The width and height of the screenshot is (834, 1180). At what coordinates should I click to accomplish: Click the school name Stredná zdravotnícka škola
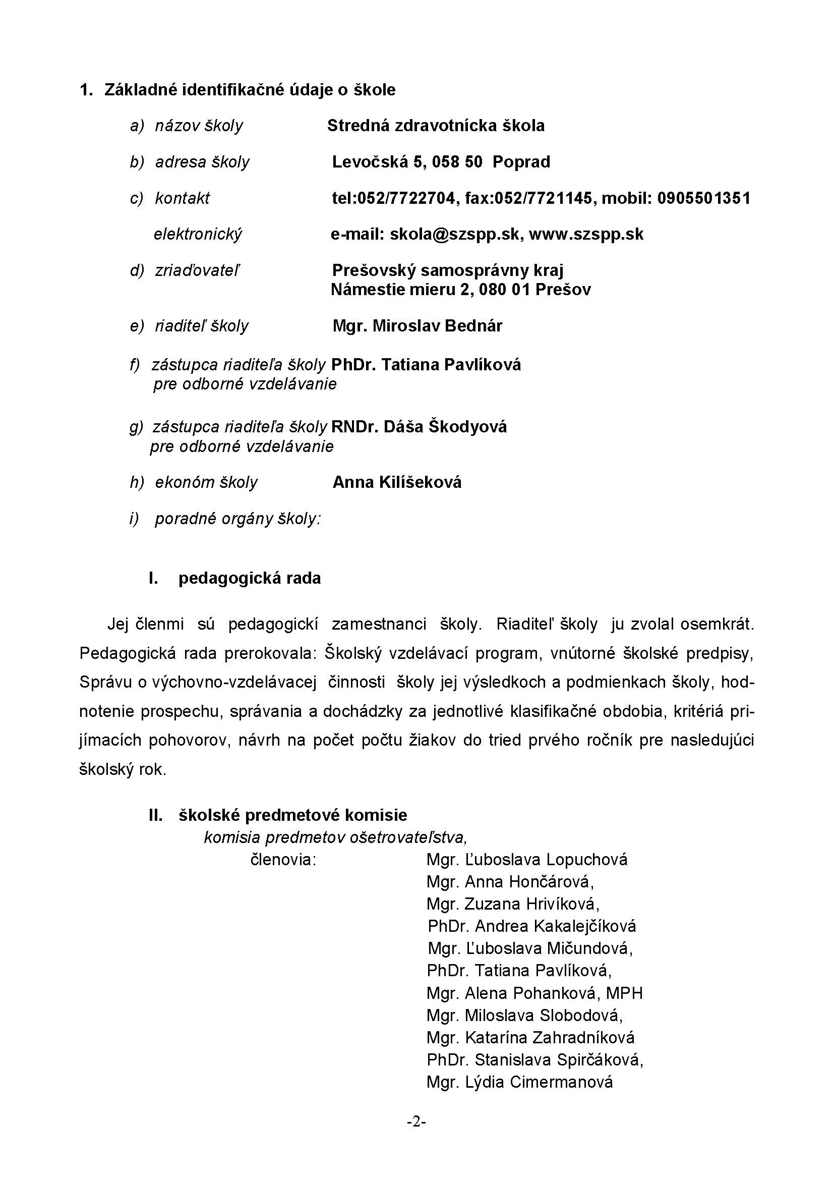coord(436,126)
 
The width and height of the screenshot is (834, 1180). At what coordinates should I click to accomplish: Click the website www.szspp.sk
coord(586,235)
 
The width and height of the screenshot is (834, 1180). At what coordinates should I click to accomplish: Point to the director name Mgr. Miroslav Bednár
coord(417,326)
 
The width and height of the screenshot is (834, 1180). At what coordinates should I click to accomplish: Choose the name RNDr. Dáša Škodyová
coord(419,427)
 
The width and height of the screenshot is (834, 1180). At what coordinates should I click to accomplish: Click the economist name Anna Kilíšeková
coord(397,482)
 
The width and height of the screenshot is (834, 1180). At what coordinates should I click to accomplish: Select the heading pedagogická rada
coord(250,578)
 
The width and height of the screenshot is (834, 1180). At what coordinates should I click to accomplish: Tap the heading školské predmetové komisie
coord(293,815)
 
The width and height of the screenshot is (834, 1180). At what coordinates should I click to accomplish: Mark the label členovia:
coord(283,860)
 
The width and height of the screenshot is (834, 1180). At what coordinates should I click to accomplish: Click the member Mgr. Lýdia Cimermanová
coord(519,1082)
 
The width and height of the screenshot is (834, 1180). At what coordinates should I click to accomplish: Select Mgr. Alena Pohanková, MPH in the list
coord(534,993)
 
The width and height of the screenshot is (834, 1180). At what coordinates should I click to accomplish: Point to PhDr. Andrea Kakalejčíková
coord(531,927)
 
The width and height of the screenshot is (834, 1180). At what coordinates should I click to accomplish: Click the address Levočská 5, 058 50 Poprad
coord(441,162)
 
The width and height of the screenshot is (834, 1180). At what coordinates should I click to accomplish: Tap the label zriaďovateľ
coord(197,270)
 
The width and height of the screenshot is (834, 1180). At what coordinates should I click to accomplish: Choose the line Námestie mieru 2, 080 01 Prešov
coord(461,290)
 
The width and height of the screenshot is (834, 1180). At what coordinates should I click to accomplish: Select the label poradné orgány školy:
coord(238,519)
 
